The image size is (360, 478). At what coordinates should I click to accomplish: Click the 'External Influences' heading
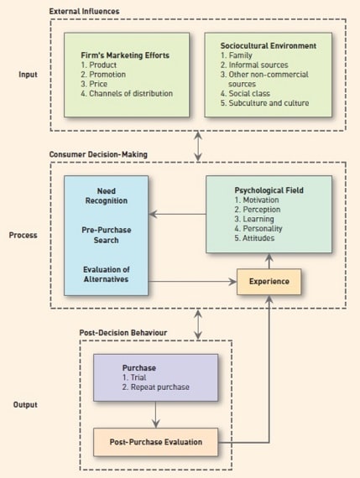[84, 11]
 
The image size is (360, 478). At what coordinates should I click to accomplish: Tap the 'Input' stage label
[28, 75]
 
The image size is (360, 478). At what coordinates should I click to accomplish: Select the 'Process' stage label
[23, 235]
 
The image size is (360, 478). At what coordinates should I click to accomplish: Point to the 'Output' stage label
[25, 404]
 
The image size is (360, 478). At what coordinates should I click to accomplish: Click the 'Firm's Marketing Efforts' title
[125, 55]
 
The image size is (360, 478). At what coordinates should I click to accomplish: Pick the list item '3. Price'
[94, 84]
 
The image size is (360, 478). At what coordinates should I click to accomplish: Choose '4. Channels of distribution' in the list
[127, 93]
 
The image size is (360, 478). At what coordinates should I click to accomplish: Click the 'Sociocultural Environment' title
[269, 46]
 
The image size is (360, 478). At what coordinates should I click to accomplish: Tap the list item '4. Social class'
[245, 93]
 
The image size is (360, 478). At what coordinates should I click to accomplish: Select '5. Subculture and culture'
[265, 103]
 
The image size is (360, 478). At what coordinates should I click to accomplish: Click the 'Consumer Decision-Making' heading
[98, 154]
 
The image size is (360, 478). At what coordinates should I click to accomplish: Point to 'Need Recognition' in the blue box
[107, 195]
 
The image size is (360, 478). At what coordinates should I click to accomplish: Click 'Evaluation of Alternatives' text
[107, 274]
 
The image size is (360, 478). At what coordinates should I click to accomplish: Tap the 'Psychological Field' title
[269, 190]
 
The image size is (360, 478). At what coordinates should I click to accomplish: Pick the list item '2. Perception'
[258, 210]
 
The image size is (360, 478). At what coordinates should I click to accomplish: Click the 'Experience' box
[269, 282]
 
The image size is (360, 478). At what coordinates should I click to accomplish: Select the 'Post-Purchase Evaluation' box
[155, 442]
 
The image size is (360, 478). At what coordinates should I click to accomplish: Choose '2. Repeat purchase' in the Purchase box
[156, 387]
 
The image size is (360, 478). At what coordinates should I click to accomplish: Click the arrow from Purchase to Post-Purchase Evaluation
[156, 414]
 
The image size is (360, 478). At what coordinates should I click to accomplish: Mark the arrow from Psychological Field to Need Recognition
[178, 214]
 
